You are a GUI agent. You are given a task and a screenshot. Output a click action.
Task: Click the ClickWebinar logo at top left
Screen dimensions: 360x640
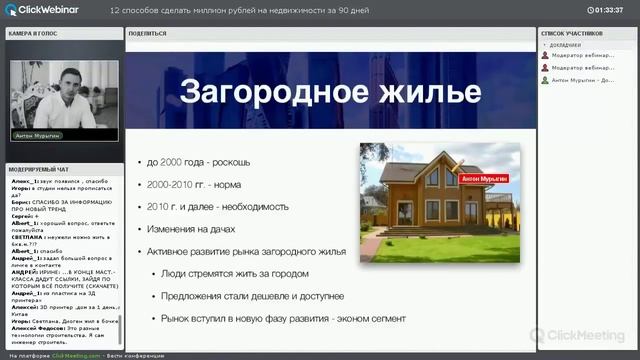tap(46, 10)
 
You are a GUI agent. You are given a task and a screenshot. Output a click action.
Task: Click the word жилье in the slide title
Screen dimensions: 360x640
tap(420, 93)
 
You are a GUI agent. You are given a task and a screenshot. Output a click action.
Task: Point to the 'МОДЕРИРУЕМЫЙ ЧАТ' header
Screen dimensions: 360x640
tap(39, 171)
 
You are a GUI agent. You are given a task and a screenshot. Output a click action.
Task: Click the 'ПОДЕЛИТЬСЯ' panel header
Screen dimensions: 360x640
tap(141, 33)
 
